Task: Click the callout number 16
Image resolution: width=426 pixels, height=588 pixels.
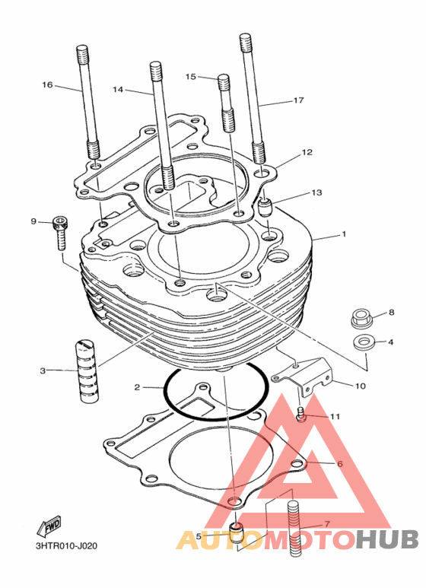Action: [47, 85]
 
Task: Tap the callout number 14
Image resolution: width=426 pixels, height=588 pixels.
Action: [118, 90]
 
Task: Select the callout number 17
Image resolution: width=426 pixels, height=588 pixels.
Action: [298, 100]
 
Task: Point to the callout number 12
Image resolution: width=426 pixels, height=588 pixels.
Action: [307, 152]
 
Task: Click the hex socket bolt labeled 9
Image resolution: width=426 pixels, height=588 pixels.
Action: [60, 233]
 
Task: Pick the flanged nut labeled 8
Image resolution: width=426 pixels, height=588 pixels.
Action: [361, 318]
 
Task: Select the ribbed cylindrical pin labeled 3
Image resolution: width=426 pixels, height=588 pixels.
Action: [89, 371]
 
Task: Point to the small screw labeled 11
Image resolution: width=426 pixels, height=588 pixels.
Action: [300, 415]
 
